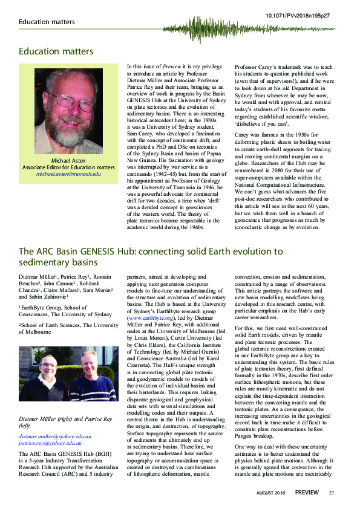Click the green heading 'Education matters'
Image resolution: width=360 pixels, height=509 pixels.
(x=56, y=51)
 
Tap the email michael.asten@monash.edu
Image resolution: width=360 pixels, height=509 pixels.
(x=68, y=174)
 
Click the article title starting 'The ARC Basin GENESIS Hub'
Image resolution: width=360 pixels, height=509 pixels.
(x=151, y=256)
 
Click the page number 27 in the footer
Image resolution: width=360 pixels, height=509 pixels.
(x=332, y=493)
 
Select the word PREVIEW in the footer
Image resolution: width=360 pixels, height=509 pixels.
(x=307, y=493)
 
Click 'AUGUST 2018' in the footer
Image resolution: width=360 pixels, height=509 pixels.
(x=271, y=493)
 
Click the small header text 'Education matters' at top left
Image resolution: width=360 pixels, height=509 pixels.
(x=47, y=22)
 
